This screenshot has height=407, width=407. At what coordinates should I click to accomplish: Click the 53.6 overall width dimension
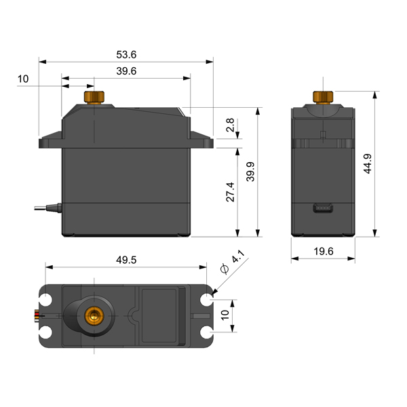pyautogui.click(x=126, y=55)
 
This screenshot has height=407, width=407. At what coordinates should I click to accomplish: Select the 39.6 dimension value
pyautogui.click(x=126, y=71)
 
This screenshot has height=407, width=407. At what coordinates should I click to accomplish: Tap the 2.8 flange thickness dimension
pyautogui.click(x=230, y=125)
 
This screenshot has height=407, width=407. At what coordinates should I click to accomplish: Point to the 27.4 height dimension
pyautogui.click(x=230, y=192)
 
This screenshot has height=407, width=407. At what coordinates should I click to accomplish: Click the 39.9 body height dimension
pyautogui.click(x=250, y=172)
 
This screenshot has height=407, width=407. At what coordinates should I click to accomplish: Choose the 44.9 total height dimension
pyautogui.click(x=368, y=163)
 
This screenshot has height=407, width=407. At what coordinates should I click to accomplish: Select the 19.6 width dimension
pyautogui.click(x=324, y=251)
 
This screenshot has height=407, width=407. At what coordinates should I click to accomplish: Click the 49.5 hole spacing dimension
pyautogui.click(x=126, y=260)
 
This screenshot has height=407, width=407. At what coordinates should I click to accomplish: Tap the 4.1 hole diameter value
pyautogui.click(x=238, y=256)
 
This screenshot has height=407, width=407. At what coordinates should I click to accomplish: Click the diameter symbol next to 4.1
pyautogui.click(x=225, y=269)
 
